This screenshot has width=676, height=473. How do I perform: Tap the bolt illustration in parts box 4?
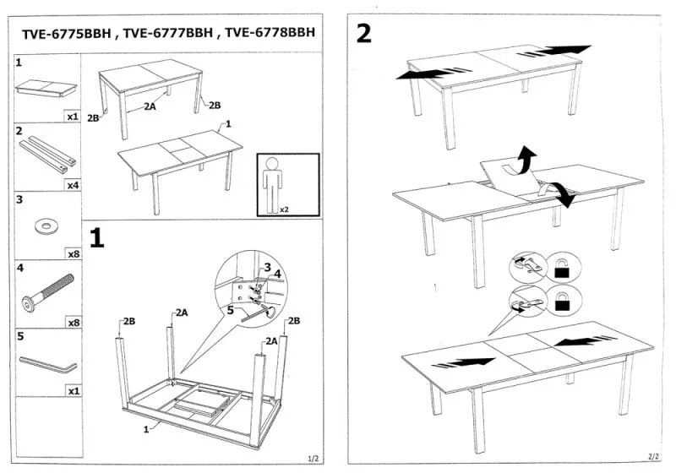tap(47, 291)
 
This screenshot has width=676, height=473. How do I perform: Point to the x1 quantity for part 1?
tap(72, 117)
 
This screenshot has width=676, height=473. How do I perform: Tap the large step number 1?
tap(97, 238)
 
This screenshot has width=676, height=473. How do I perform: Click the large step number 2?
tap(364, 34)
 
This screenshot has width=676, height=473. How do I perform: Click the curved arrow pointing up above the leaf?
tap(526, 156)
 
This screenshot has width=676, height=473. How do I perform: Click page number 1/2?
tap(312, 458)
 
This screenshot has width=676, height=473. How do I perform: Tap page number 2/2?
tap(652, 456)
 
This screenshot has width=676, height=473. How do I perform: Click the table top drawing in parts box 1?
tap(47, 87)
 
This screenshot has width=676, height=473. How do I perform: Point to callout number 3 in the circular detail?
tap(266, 268)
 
